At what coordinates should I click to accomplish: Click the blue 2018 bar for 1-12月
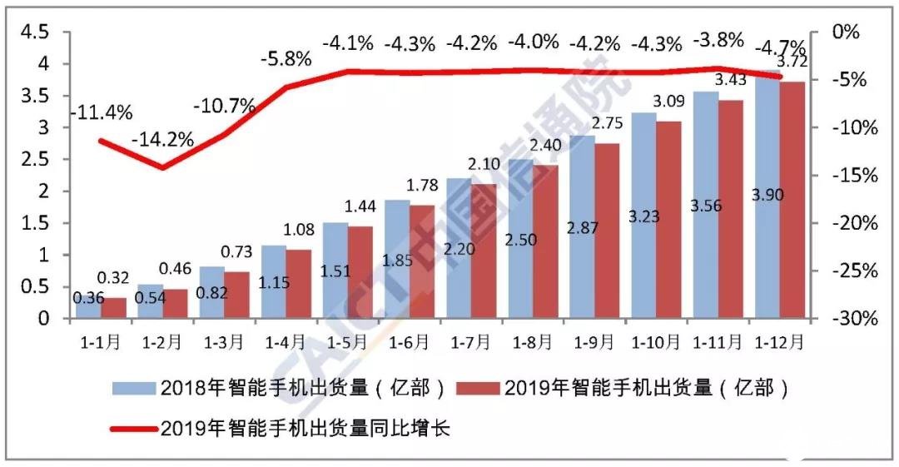coord(766,200)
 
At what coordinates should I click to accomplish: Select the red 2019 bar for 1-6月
coord(423,262)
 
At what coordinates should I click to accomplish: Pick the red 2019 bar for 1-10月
coord(668,221)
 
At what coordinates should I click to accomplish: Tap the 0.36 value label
coord(86,298)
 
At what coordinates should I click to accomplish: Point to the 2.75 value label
coord(606,124)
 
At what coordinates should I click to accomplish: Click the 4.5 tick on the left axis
coord(34,32)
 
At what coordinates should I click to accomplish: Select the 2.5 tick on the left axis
coord(34,160)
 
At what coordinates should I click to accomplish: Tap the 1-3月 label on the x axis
coord(225,341)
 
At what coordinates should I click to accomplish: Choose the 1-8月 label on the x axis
coord(534,341)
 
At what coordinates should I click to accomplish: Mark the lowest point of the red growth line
coord(162,168)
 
